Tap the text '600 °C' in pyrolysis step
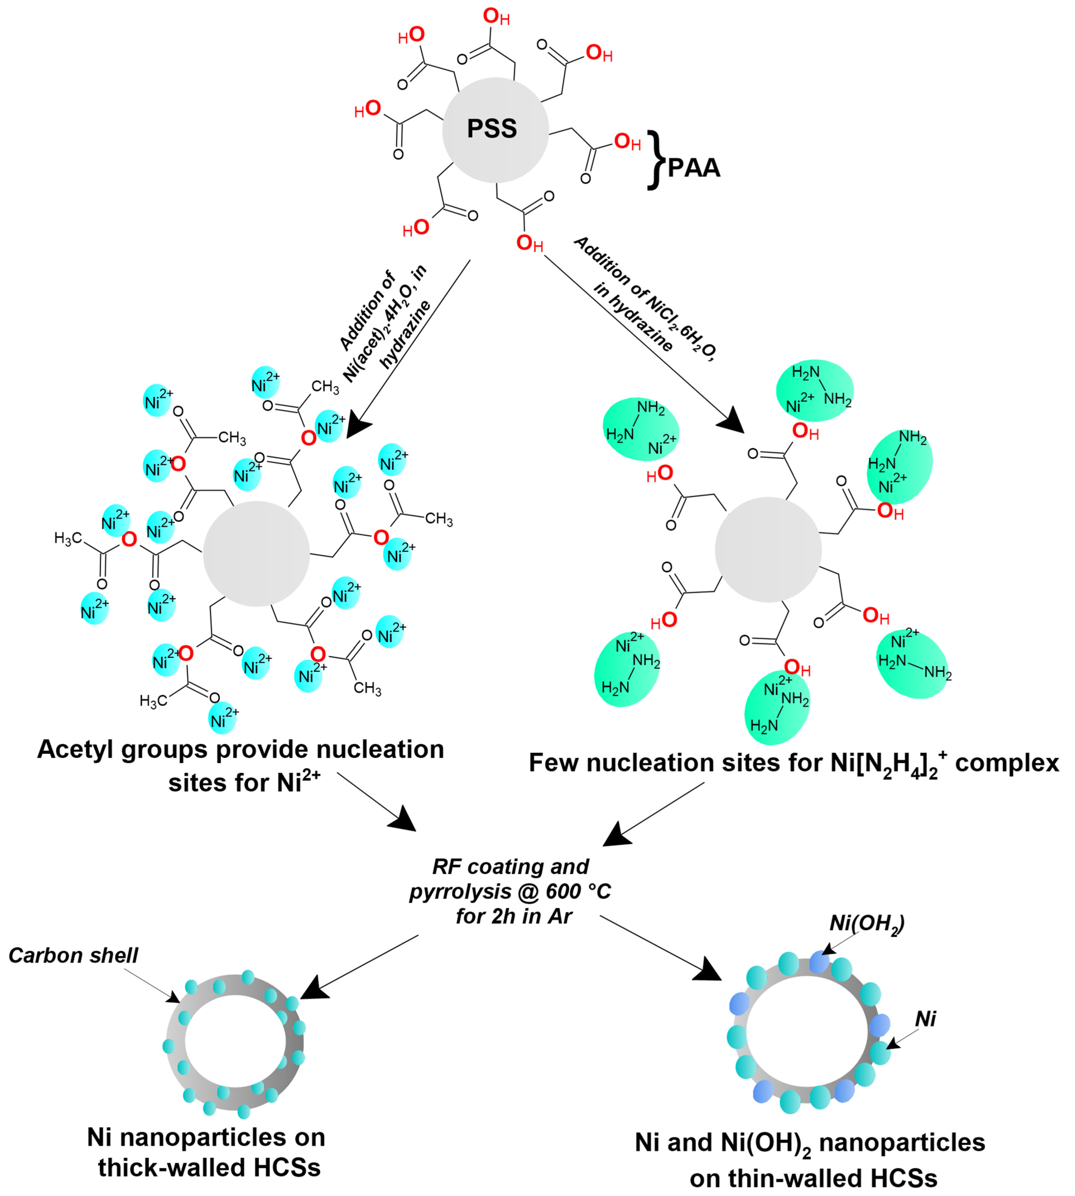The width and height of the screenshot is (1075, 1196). (x=578, y=891)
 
